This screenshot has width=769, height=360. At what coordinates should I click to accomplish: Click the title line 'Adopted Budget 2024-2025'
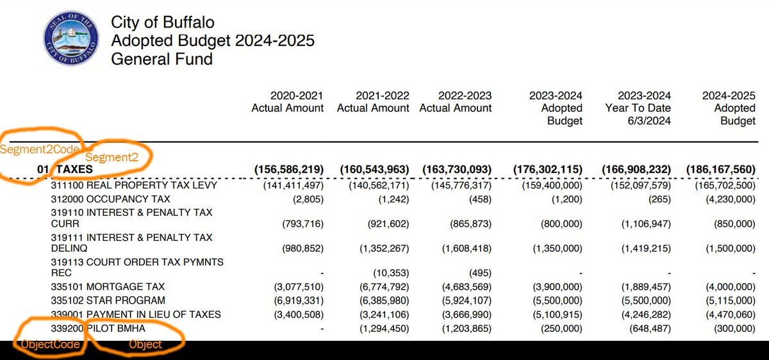tap(213, 41)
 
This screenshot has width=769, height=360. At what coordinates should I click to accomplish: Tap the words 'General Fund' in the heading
tap(161, 60)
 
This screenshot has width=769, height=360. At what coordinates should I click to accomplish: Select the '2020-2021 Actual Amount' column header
tap(288, 102)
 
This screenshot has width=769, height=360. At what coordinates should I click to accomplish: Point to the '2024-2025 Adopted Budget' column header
tap(729, 108)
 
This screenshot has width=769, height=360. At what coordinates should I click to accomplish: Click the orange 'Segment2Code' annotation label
tap(40, 149)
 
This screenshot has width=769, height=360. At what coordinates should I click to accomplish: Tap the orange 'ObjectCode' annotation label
tap(50, 345)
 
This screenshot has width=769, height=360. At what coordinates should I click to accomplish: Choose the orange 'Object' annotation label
tap(145, 345)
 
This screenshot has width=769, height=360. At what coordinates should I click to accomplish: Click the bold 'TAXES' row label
tap(75, 170)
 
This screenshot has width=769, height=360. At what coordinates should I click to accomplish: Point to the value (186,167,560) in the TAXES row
tap(721, 170)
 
